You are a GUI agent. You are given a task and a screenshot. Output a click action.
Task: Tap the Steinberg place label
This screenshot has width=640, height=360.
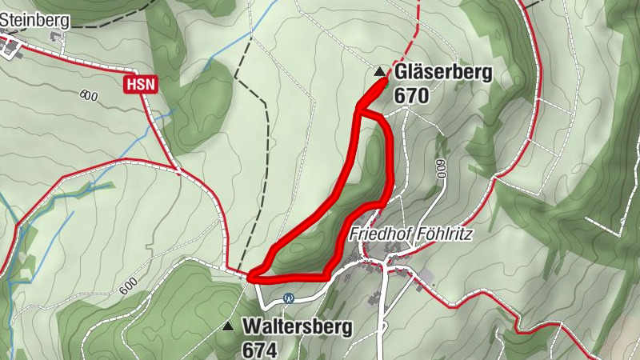34,20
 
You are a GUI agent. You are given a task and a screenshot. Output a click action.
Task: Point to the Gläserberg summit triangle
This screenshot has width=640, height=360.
379,72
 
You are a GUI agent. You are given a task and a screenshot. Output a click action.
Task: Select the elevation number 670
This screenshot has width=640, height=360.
412,96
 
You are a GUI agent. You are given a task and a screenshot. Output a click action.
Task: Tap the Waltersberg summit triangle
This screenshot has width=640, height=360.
229,326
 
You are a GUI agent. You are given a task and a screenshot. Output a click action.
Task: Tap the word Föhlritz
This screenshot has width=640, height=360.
443,234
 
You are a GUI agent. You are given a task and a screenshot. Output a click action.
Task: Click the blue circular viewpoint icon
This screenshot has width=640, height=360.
290,298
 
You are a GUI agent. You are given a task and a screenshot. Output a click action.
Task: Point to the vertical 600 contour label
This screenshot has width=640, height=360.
441,169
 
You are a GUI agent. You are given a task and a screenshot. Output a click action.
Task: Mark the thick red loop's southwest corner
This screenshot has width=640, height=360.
253,277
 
